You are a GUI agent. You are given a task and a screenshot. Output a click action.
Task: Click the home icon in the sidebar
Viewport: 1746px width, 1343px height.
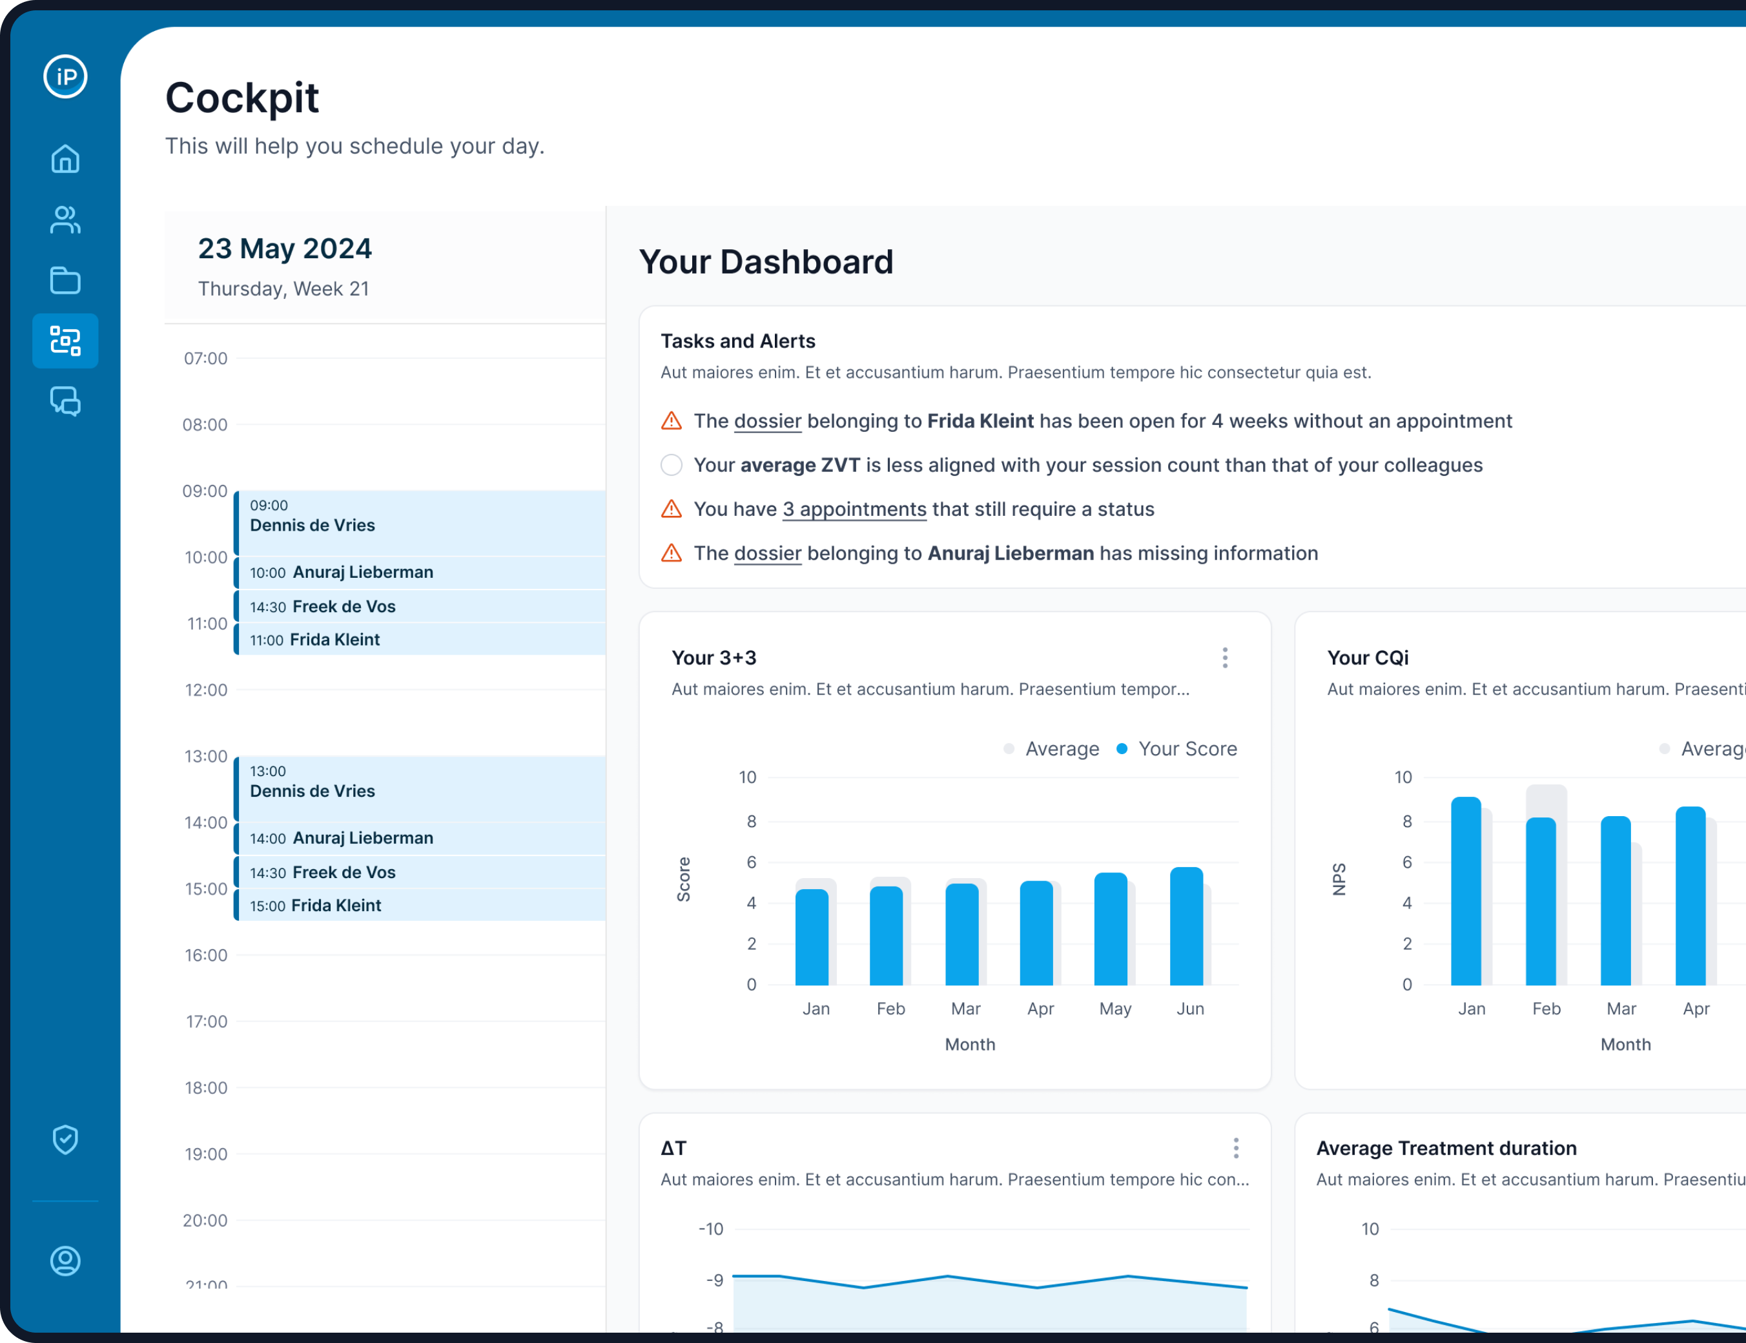click(66, 159)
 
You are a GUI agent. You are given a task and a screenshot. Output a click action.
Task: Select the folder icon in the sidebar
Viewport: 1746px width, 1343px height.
click(66, 281)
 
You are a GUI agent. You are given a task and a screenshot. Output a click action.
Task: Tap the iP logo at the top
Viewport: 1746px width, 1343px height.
click(66, 77)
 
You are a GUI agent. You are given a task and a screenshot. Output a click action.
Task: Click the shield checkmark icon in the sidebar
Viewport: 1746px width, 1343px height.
click(66, 1139)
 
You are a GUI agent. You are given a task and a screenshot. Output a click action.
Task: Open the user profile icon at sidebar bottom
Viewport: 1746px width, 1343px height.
click(66, 1260)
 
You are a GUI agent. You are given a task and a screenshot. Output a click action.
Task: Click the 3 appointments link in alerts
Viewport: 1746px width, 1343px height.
click(854, 509)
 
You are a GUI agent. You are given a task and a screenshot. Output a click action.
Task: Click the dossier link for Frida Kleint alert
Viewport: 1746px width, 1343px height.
click(768, 421)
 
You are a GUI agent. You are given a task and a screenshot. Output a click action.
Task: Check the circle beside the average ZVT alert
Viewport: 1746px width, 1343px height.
click(672, 466)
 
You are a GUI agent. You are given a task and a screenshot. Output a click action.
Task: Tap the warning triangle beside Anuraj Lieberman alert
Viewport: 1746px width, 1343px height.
click(672, 553)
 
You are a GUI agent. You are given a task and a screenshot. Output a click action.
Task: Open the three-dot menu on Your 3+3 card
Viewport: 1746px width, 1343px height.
click(1225, 658)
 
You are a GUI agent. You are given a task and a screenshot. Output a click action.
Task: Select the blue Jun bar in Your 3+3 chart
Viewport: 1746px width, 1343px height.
click(1186, 927)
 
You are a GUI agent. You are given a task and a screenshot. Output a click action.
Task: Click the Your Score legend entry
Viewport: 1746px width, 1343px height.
click(1186, 749)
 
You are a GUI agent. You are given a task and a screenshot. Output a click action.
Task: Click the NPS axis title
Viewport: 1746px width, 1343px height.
click(1339, 879)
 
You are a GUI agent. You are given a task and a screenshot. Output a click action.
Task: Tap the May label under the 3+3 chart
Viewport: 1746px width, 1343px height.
click(1114, 1009)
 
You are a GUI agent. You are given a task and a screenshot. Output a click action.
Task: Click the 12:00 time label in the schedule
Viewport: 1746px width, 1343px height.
click(206, 690)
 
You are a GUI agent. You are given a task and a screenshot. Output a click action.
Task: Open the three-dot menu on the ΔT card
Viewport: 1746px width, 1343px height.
click(1236, 1148)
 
